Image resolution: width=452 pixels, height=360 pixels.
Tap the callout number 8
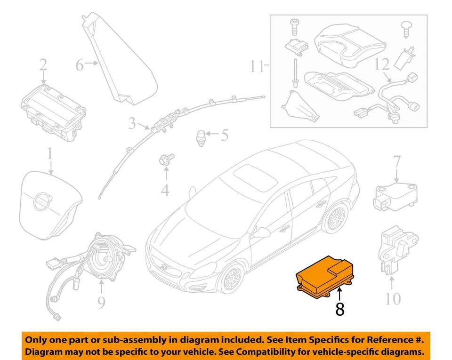click(x=339, y=309)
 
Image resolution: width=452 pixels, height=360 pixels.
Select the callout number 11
click(x=257, y=66)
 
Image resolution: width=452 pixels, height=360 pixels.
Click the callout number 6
click(x=80, y=64)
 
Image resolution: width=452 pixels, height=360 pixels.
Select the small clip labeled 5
click(x=202, y=137)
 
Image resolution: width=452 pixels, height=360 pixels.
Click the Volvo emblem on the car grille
click(x=165, y=267)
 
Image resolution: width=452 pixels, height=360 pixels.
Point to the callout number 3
click(x=132, y=123)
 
